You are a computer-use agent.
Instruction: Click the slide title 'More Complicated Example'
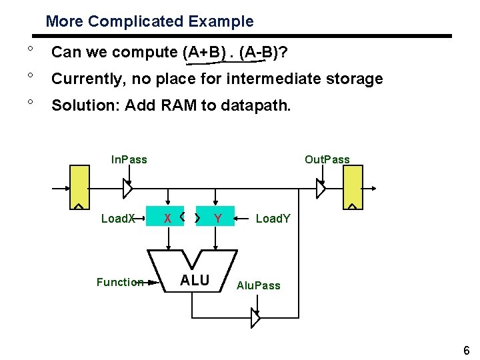(x=149, y=21)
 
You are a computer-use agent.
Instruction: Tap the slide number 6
(x=466, y=351)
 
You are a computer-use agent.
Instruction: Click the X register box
(x=168, y=218)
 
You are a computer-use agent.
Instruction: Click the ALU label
(x=195, y=281)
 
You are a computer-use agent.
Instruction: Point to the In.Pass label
(x=129, y=159)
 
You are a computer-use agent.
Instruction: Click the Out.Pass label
(x=327, y=159)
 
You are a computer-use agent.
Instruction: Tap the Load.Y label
(x=273, y=218)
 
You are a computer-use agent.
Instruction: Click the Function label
(x=119, y=282)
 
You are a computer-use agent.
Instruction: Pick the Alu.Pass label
(x=259, y=285)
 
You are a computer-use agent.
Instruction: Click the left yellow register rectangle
(x=80, y=187)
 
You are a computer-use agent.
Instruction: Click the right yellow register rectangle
(x=353, y=187)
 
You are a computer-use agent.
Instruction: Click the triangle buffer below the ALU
(x=255, y=318)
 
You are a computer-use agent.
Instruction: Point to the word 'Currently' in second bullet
(x=85, y=79)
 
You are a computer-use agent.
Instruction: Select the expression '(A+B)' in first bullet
(x=203, y=52)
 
